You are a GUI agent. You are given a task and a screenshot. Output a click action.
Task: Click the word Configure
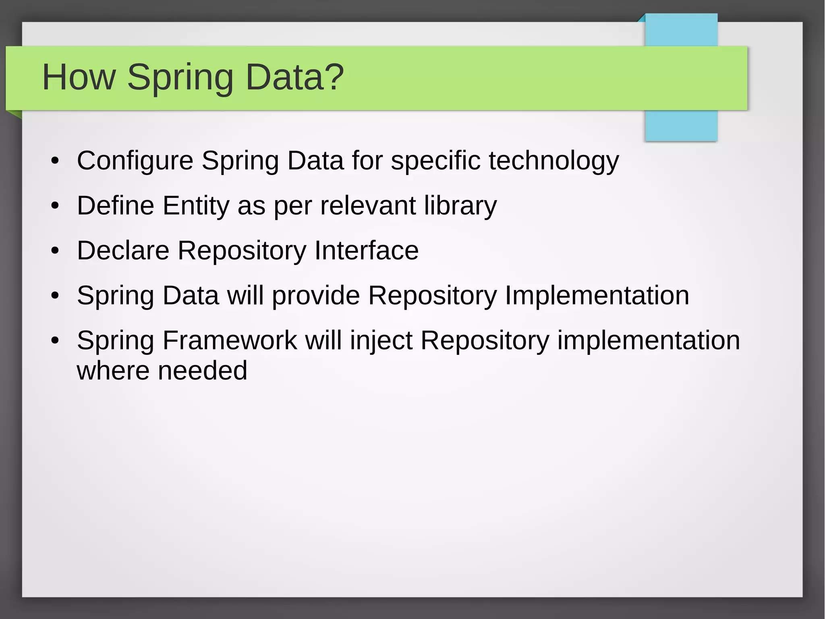[135, 160]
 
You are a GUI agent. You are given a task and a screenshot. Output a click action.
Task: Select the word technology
[554, 160]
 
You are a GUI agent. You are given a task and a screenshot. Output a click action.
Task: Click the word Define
[116, 206]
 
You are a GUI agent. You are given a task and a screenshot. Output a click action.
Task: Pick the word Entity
[196, 206]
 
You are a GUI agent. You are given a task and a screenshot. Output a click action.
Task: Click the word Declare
[123, 250]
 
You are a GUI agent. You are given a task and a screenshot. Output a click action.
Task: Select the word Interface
[366, 250]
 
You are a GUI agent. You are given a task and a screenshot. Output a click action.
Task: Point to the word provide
[316, 296]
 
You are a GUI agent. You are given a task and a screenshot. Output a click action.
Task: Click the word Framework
[230, 340]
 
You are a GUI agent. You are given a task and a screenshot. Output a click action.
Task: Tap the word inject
[381, 341]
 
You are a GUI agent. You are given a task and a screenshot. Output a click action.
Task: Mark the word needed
[202, 371]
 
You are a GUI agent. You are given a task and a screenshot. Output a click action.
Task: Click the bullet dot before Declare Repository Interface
[55, 251]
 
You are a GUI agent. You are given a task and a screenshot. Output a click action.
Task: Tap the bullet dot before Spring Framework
[55, 341]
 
